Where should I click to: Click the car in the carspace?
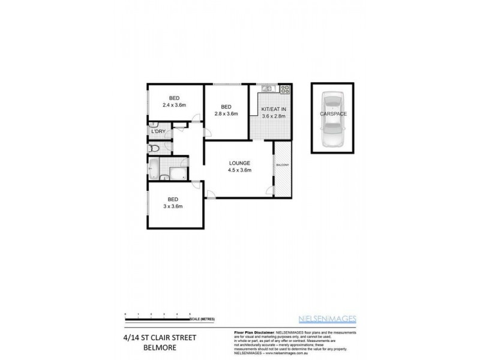pyautogui.click(x=332, y=118)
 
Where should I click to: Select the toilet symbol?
pyautogui.click(x=154, y=148)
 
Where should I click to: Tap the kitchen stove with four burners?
pyautogui.click(x=284, y=90)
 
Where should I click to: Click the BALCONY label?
pyautogui.click(x=283, y=165)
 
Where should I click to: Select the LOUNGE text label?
pyautogui.click(x=239, y=163)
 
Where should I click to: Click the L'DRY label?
pyautogui.click(x=158, y=131)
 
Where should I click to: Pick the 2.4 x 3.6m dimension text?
pyautogui.click(x=175, y=106)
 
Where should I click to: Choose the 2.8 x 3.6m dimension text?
pyautogui.click(x=226, y=113)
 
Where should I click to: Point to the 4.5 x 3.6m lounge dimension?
pyautogui.click(x=239, y=170)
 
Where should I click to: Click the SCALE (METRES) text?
pyautogui.click(x=204, y=319)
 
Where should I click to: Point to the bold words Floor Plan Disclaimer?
pyautogui.click(x=251, y=331)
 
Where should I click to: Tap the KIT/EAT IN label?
pyautogui.click(x=274, y=109)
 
